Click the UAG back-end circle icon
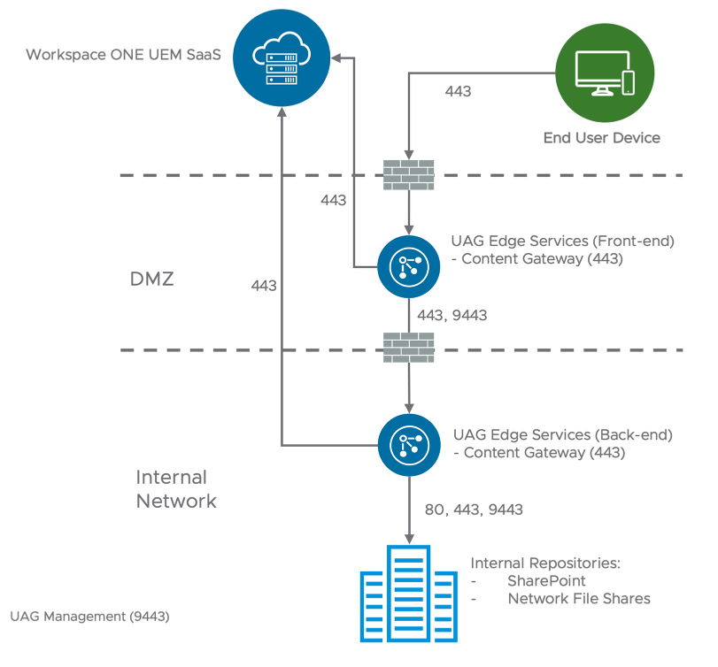click(x=408, y=444)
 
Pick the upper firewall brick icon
click(x=408, y=175)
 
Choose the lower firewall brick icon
click(x=408, y=349)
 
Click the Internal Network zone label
click(x=176, y=489)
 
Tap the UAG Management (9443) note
click(x=89, y=615)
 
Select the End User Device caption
click(x=601, y=138)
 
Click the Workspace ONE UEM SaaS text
click(x=123, y=55)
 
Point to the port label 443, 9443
click(x=452, y=315)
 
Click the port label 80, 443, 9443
click(x=474, y=510)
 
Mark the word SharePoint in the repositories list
click(x=546, y=581)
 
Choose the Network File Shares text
click(x=579, y=599)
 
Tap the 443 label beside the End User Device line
click(x=458, y=91)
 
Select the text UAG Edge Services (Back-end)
click(x=563, y=435)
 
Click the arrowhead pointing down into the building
click(x=408, y=539)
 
